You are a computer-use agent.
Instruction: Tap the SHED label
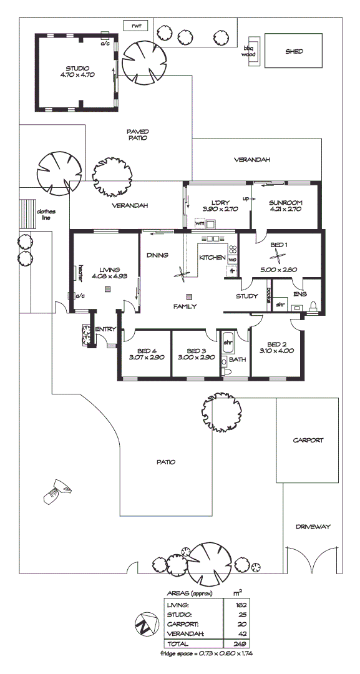[x=294, y=51]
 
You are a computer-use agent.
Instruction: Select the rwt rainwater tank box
[x=135, y=26]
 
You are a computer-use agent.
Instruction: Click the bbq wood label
[x=249, y=52]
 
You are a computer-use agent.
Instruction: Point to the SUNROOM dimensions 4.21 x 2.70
[x=286, y=210]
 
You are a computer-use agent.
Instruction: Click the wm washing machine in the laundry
[x=200, y=223]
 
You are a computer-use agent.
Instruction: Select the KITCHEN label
[x=212, y=258]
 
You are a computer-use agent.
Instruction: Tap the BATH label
[x=237, y=359]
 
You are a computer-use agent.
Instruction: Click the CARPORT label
[x=308, y=440]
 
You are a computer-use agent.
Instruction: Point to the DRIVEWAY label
[x=313, y=527]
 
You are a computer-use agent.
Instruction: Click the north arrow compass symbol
[x=144, y=623]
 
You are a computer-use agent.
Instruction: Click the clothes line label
[x=46, y=215]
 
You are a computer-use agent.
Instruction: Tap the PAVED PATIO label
[x=137, y=135]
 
